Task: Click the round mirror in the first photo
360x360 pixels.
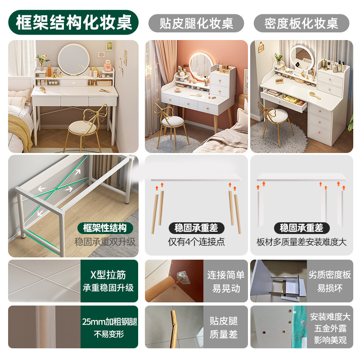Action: (x=74, y=59)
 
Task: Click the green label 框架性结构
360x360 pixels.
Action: (x=105, y=228)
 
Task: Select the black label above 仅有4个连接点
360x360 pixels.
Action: (x=196, y=228)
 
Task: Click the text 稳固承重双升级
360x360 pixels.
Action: (x=105, y=242)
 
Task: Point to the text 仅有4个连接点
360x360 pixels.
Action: (x=196, y=242)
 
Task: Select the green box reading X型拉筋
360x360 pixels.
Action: (x=109, y=281)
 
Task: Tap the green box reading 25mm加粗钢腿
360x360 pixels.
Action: (x=109, y=328)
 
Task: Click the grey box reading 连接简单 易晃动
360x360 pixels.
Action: (x=226, y=281)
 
